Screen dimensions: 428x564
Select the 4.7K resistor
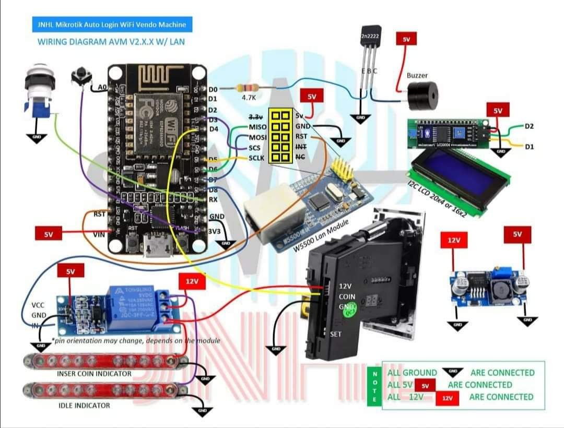coord(247,88)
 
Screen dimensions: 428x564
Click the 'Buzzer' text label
coord(417,76)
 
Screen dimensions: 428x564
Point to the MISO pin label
coord(257,127)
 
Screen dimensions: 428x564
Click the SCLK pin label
coord(257,158)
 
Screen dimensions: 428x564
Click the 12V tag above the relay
coord(192,281)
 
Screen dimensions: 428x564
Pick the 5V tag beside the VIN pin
coord(48,234)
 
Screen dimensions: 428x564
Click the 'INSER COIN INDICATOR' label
coord(94,374)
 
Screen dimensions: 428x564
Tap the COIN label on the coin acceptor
coord(347,296)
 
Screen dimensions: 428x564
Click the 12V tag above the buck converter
coord(453,241)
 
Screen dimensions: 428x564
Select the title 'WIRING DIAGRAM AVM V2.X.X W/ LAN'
coord(111,41)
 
